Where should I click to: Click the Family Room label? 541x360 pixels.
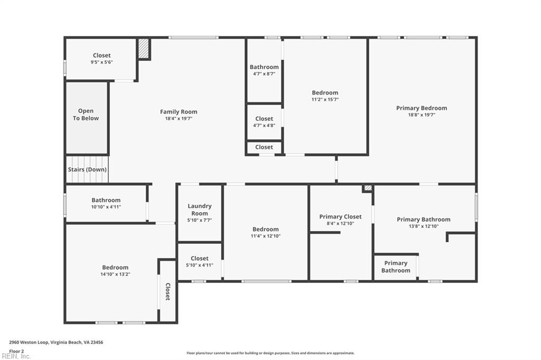click(x=179, y=112)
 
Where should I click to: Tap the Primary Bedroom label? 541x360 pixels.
click(x=422, y=108)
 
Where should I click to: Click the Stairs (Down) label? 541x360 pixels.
click(x=87, y=169)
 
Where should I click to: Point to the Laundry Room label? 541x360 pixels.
click(x=200, y=210)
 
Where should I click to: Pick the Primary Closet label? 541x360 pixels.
click(x=340, y=216)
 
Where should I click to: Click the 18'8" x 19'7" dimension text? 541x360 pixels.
click(x=422, y=115)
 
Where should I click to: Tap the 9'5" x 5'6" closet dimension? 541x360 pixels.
click(x=101, y=62)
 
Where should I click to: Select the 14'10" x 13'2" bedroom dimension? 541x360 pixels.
click(x=115, y=274)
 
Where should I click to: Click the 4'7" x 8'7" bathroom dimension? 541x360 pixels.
click(x=264, y=74)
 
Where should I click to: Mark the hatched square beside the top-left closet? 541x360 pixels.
click(x=144, y=49)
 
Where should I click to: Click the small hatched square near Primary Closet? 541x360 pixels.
click(x=368, y=187)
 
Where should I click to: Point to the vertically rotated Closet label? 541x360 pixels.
click(x=167, y=291)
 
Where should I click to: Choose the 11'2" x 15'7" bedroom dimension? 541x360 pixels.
click(x=325, y=99)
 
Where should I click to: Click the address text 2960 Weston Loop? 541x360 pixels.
click(x=56, y=342)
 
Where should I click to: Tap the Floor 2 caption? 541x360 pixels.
click(x=16, y=350)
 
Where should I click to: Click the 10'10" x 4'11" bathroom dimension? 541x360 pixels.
click(x=106, y=207)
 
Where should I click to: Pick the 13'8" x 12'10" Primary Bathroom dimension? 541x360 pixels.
click(x=424, y=226)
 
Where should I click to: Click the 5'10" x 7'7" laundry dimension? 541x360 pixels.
click(x=200, y=220)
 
